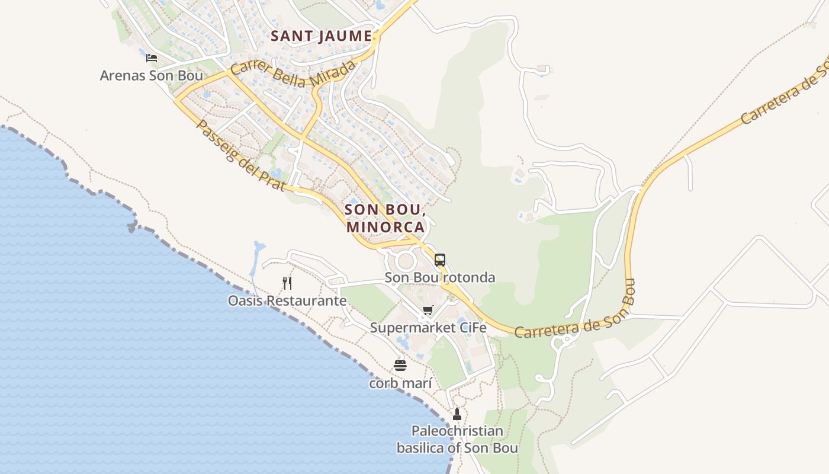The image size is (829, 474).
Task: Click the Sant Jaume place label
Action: pyautogui.click(x=321, y=36)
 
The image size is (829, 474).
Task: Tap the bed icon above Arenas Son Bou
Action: pyautogui.click(x=152, y=58)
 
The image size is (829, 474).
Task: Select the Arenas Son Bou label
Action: pyautogui.click(x=151, y=75)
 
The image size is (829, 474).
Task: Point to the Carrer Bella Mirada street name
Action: pyautogui.click(x=294, y=73)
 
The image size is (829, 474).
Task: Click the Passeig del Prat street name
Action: pyautogui.click(x=241, y=156)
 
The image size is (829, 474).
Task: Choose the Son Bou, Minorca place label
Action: pyautogui.click(x=385, y=218)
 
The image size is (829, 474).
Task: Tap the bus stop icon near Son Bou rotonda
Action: pyautogui.click(x=439, y=260)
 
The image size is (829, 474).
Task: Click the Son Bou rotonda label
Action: pyautogui.click(x=439, y=277)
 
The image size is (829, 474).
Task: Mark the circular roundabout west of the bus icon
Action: pyautogui.click(x=406, y=260)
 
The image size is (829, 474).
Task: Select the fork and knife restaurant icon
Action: pyautogui.click(x=287, y=283)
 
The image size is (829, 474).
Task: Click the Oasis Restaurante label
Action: pyautogui.click(x=287, y=300)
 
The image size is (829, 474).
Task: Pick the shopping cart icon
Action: pyautogui.click(x=428, y=310)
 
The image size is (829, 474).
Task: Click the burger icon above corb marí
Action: pyautogui.click(x=400, y=365)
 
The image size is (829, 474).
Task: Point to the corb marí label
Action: pyautogui.click(x=400, y=383)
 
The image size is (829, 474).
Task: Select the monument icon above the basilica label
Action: pyautogui.click(x=457, y=414)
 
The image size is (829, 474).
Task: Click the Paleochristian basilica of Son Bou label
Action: pyautogui.click(x=457, y=439)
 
